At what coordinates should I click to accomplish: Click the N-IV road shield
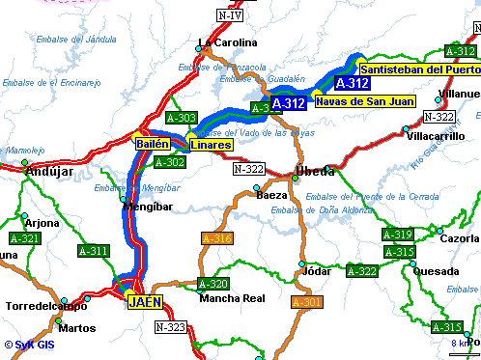pyautogui.click(x=230, y=15)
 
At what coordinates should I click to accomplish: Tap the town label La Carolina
pyautogui.click(x=228, y=42)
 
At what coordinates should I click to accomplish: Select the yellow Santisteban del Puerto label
pyautogui.click(x=418, y=69)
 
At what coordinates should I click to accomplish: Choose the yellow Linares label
pyautogui.click(x=211, y=145)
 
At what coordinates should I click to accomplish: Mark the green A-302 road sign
pyautogui.click(x=170, y=162)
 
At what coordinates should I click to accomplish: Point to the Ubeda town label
pyautogui.click(x=315, y=172)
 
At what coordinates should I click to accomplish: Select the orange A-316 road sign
pyautogui.click(x=216, y=237)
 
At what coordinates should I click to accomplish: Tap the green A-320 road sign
pyautogui.click(x=212, y=284)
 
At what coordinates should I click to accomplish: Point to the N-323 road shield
pyautogui.click(x=170, y=327)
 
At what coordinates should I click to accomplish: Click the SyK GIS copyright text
pyautogui.click(x=30, y=344)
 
